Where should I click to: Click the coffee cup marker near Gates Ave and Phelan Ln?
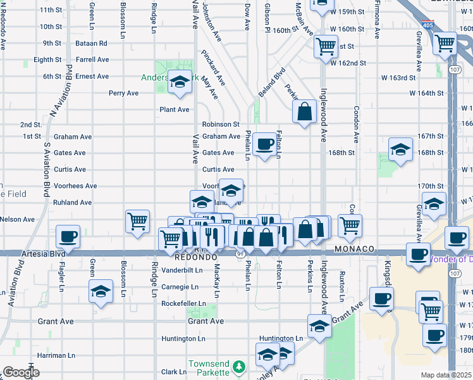[264, 144]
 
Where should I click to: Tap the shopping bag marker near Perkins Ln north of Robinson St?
[305, 111]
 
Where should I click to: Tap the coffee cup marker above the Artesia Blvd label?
[68, 236]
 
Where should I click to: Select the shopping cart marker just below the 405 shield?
[445, 44]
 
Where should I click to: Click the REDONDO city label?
[196, 258]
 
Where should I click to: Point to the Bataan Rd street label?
[93, 43]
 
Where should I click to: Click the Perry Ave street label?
[123, 93]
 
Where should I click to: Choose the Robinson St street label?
[221, 125]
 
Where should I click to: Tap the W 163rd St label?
[398, 78]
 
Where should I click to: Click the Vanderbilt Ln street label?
[182, 270]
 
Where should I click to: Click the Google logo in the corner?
[20, 372]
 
